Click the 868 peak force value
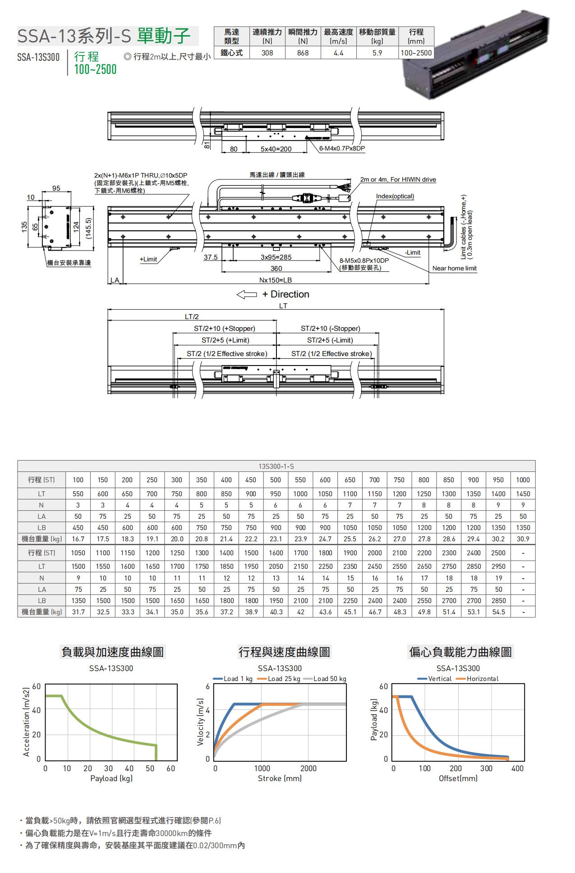(303, 53)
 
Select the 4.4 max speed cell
(338, 53)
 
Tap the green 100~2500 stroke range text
(95, 69)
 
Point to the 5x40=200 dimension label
(276, 149)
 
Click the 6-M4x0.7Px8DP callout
(342, 148)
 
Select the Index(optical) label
(395, 196)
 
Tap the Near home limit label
(454, 268)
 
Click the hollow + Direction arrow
(247, 294)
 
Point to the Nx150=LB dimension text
(275, 280)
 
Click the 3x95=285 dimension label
(276, 257)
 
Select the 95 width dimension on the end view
(56, 188)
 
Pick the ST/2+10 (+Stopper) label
(224, 329)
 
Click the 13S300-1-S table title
(276, 466)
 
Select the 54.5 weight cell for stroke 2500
(498, 612)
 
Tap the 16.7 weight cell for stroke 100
(78, 539)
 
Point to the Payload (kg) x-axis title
(111, 778)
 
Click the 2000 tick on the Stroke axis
(308, 768)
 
